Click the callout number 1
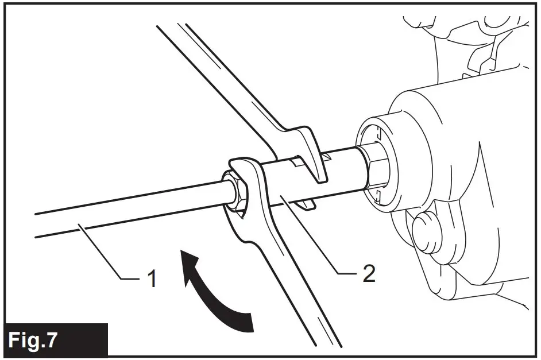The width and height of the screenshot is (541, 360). [x=150, y=280]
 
